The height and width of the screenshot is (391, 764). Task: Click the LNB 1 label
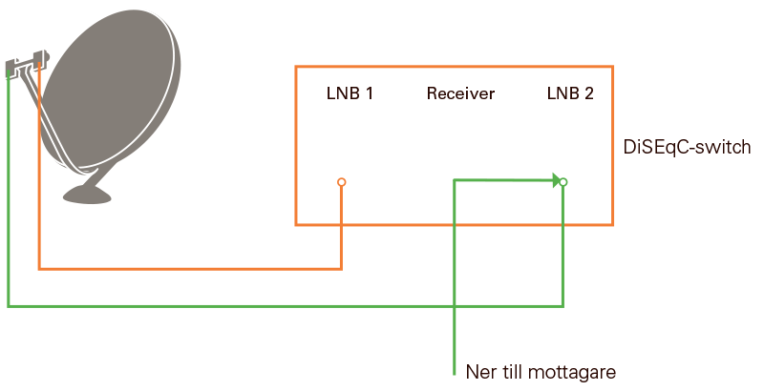[x=349, y=93]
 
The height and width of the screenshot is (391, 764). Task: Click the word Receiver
[x=460, y=93]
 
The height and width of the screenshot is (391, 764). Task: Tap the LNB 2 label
[x=570, y=93]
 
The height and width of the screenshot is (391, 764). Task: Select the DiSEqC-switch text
[x=686, y=148]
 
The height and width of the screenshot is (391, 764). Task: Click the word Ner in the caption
[x=480, y=371]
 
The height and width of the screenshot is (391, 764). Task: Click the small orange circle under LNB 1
[x=341, y=182]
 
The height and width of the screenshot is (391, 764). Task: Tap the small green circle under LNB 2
[x=563, y=182]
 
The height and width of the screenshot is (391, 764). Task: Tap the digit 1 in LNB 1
[x=368, y=93]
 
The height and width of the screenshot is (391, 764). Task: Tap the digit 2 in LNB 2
[x=589, y=93]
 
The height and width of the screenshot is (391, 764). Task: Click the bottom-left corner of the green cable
[x=9, y=306]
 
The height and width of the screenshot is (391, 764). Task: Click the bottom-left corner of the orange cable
[x=39, y=268]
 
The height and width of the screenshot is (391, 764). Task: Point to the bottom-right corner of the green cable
[x=562, y=306]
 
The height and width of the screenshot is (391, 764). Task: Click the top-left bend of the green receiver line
[x=455, y=179]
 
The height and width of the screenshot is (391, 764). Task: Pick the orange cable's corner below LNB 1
[x=341, y=268]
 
